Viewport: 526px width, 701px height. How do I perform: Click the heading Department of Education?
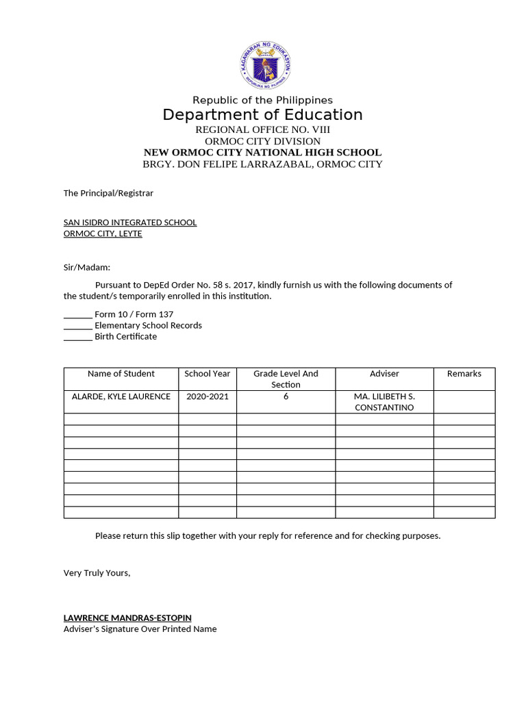(x=262, y=114)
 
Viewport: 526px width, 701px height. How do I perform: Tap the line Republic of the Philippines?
(x=262, y=100)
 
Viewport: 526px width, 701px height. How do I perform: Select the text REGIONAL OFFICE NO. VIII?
(x=262, y=129)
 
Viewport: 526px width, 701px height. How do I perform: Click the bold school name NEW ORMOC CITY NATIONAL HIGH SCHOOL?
(x=262, y=153)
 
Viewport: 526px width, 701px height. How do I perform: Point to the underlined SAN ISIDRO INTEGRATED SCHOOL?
(x=130, y=222)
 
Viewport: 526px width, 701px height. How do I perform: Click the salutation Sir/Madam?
(x=87, y=267)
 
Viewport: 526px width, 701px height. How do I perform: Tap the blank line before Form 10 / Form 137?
(x=77, y=315)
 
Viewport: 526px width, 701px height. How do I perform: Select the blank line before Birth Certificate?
(x=77, y=337)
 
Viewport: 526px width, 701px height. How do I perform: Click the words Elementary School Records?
(x=148, y=325)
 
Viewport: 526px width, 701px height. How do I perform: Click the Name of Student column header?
(x=121, y=374)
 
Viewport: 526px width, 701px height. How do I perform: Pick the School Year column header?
(x=208, y=374)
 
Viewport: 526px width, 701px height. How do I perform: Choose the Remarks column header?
(x=464, y=374)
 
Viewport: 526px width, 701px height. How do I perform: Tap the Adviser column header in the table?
(x=384, y=374)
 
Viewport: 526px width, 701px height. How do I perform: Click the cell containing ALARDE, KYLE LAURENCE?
(x=121, y=396)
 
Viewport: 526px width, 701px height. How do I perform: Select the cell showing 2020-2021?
(x=208, y=396)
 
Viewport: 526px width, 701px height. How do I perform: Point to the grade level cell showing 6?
(x=286, y=396)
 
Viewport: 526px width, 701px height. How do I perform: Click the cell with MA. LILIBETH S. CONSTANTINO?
(x=384, y=402)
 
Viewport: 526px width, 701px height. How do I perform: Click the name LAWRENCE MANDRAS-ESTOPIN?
(x=127, y=617)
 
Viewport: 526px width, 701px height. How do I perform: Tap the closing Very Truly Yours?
(x=97, y=572)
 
